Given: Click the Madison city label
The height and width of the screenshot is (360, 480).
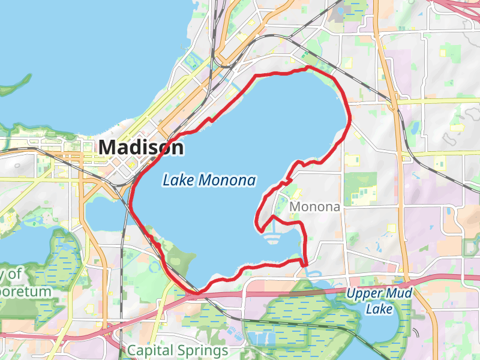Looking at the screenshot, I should pos(141,147).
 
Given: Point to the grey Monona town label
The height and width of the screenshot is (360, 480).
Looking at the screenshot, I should pos(314,207).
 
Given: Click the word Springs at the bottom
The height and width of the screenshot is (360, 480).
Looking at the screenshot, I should pos(202,351).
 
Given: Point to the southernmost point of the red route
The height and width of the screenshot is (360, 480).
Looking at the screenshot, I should pos(198,292).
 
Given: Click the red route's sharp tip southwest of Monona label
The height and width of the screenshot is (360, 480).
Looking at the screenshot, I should pos(260,230).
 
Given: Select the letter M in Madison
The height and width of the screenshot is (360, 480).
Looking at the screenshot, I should pos(109,147).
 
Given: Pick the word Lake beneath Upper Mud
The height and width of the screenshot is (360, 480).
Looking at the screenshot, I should pos(381,309).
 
